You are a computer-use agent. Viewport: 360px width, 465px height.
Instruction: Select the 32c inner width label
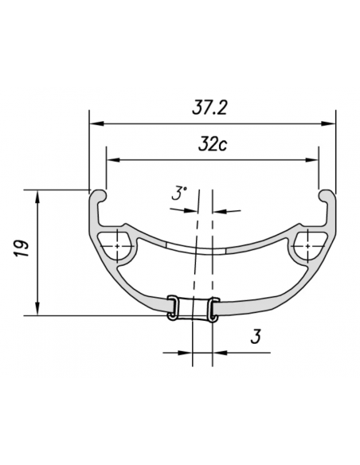click(x=212, y=146)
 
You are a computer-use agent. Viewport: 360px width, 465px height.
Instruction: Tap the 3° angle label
click(x=178, y=193)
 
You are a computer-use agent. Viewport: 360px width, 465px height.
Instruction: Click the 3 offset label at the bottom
click(x=256, y=338)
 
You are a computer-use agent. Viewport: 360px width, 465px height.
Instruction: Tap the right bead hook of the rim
click(x=327, y=197)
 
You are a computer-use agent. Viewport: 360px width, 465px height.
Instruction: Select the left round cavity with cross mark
click(x=118, y=246)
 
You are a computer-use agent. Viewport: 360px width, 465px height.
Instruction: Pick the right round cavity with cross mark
click(x=307, y=246)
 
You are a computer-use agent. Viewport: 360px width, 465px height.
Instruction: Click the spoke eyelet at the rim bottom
click(x=192, y=308)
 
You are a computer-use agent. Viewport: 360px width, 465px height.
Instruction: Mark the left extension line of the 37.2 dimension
click(x=89, y=151)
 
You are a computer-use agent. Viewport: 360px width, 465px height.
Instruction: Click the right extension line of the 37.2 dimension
click(x=335, y=151)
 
